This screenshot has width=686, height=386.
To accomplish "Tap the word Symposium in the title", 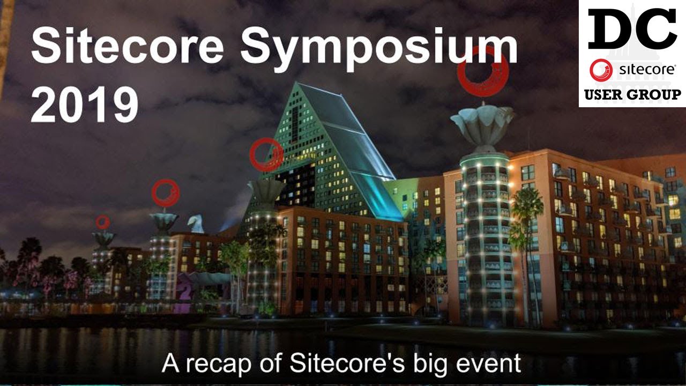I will [378, 47].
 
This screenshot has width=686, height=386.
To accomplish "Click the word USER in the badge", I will [606, 95].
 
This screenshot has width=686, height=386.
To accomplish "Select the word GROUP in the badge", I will [655, 95].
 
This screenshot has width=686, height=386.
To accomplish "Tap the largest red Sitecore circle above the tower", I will [483, 71].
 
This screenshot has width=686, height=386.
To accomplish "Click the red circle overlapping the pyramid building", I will [266, 154].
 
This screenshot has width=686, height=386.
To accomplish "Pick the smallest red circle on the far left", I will [102, 222].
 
